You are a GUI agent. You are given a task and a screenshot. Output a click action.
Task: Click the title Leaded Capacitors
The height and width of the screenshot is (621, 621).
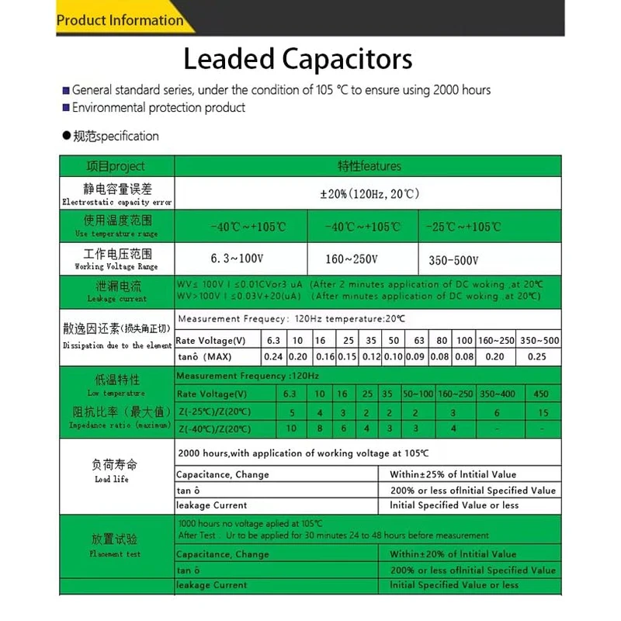(x=298, y=60)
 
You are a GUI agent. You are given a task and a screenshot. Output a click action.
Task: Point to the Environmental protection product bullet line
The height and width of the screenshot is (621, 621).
(x=158, y=108)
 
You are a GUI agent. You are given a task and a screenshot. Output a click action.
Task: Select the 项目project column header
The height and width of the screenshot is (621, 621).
(x=116, y=166)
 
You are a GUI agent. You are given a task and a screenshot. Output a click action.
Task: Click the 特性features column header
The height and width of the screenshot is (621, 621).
(x=369, y=166)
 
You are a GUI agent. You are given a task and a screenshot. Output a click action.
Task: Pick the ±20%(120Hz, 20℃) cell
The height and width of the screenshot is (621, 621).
(x=369, y=193)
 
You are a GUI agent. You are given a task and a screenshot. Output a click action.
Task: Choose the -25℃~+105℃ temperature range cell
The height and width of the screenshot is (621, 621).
(x=463, y=227)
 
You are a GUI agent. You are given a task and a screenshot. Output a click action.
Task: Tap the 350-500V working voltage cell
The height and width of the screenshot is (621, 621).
(x=453, y=261)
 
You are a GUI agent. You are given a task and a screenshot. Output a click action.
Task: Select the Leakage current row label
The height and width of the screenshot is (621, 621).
(x=116, y=292)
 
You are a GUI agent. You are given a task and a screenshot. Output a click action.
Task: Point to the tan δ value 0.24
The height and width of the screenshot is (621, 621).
(x=274, y=357)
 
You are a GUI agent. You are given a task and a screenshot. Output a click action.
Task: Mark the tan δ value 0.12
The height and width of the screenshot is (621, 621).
(x=372, y=357)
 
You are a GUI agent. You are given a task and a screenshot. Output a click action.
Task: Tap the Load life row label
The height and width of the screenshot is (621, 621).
(x=116, y=471)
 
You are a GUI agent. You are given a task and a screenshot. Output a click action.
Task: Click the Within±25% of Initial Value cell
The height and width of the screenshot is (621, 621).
(x=453, y=474)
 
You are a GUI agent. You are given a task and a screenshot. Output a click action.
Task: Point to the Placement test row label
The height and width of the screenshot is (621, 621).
(x=116, y=546)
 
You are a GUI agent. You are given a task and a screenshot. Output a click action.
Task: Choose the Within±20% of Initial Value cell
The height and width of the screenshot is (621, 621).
(x=453, y=554)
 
